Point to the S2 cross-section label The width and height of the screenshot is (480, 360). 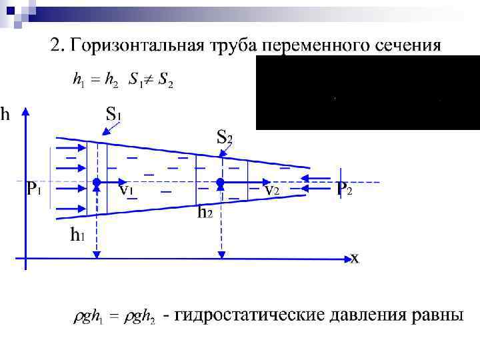[x=225, y=138]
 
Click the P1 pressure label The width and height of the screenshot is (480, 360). [x=34, y=189]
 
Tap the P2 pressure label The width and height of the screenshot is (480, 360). [x=344, y=189]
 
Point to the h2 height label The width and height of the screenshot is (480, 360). [x=205, y=213]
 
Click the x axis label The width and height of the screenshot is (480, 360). [x=355, y=258]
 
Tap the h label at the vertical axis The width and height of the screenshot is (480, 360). [x=5, y=115]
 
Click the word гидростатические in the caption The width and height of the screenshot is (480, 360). [x=259, y=315]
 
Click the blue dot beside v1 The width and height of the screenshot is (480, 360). [x=97, y=181]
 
